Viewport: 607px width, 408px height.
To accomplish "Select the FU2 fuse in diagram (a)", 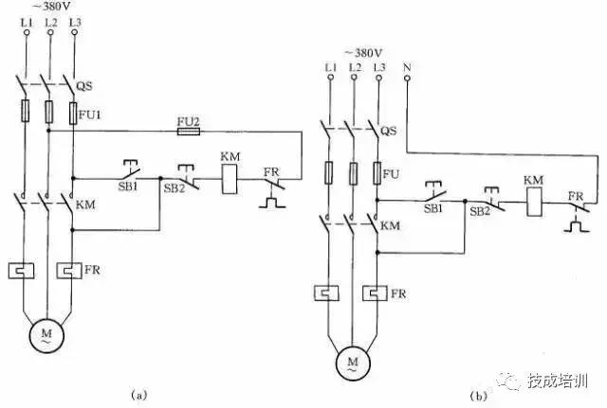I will tap(189, 131).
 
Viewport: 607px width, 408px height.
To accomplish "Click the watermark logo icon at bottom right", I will tap(512, 381).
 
